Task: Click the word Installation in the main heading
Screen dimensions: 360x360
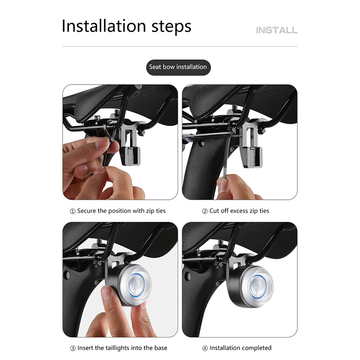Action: pos(104,26)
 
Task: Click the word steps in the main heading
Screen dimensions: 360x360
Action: pos(171,27)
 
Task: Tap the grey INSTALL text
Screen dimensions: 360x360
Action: pos(277,30)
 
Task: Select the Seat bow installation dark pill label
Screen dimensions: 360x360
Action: pos(178,67)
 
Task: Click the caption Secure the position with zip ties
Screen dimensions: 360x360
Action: pos(121,211)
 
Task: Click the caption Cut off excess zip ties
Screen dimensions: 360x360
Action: pos(239,211)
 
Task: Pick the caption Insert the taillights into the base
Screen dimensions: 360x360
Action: pos(122,348)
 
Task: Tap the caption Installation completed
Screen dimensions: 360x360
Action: pos(240,348)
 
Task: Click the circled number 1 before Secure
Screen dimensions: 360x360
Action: pos(72,211)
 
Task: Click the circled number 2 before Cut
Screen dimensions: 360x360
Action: pos(205,211)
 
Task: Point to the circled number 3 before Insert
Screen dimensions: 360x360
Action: pos(73,348)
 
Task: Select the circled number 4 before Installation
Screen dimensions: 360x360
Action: pos(205,348)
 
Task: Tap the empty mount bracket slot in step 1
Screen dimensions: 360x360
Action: pos(129,138)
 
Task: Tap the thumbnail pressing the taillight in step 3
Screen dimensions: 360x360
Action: pos(106,292)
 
